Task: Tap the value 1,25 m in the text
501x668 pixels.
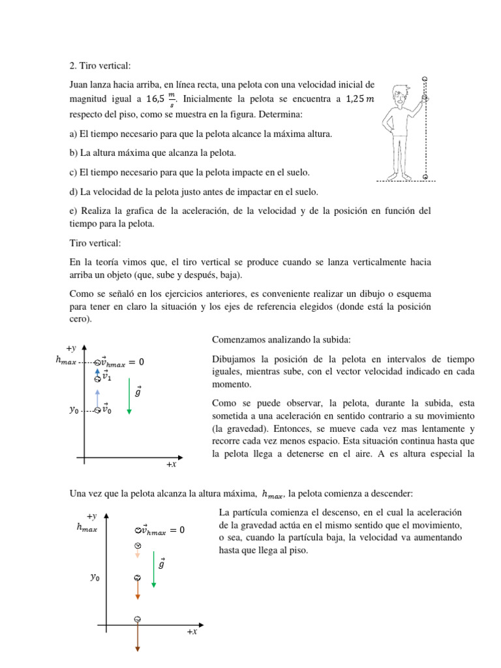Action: tap(360, 99)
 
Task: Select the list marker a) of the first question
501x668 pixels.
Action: tap(73, 134)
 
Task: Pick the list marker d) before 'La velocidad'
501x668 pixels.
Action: tap(73, 192)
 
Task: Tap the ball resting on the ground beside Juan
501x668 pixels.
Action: tap(425, 176)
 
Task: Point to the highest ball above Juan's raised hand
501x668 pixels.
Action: tap(425, 78)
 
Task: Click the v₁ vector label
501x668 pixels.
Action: tap(108, 377)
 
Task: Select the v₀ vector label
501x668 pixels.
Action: tap(106, 410)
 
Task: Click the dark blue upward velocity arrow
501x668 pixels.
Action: tap(98, 369)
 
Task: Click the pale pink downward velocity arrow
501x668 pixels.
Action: tap(138, 554)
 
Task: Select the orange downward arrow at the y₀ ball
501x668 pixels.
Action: tap(138, 591)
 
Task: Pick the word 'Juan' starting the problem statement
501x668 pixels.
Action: tap(80, 84)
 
